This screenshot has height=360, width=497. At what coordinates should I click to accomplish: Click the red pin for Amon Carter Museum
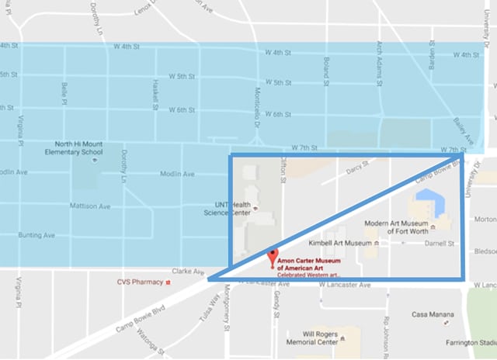[x=272, y=257]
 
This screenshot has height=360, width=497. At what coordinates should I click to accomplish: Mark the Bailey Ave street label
[x=461, y=126]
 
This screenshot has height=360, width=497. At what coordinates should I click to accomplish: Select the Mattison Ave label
[x=90, y=206]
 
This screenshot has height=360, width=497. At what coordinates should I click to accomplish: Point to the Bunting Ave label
[x=38, y=234]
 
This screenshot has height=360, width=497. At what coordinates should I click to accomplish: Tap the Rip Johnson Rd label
[x=385, y=330]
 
